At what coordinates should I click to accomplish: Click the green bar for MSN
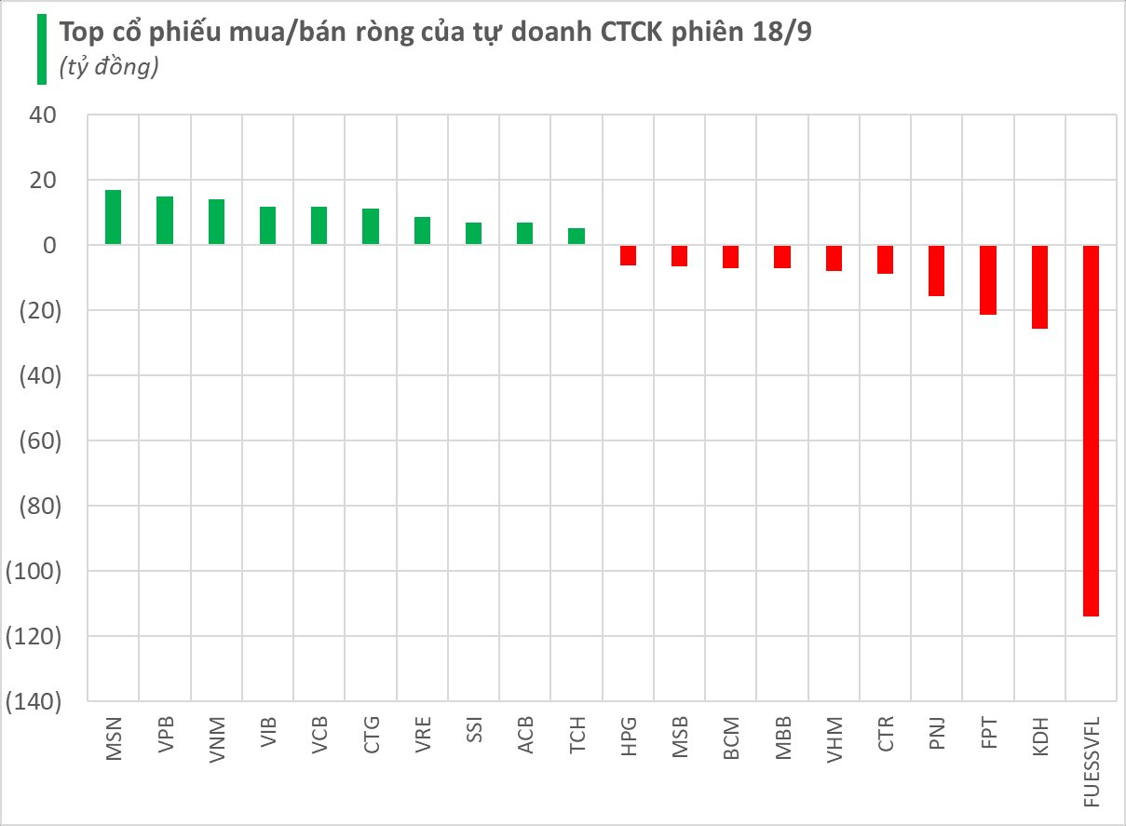coord(113,217)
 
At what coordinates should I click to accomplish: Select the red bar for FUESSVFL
coord(1091,430)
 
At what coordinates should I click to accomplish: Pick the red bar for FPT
coord(988,279)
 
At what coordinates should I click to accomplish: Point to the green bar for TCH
coord(577,237)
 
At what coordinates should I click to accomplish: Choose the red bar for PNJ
coord(937,270)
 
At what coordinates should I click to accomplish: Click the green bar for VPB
coord(164,221)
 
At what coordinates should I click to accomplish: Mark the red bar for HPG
coord(628,255)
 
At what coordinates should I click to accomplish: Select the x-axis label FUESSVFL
coord(1091,760)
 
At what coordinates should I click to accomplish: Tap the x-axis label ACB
coord(525,737)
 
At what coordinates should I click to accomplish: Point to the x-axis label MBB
coord(782,738)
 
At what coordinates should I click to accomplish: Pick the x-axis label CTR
coord(885,736)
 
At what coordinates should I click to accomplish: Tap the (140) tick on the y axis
coord(34,701)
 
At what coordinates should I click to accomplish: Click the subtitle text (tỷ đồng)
coord(108,68)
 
